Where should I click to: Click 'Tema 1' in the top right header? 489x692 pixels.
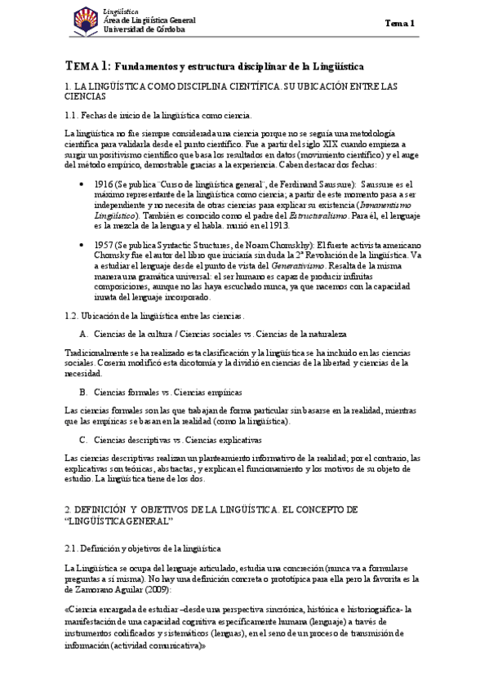(400, 24)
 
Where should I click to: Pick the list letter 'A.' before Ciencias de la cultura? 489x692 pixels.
(84, 334)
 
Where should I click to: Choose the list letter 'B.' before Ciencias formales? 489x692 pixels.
(84, 392)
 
